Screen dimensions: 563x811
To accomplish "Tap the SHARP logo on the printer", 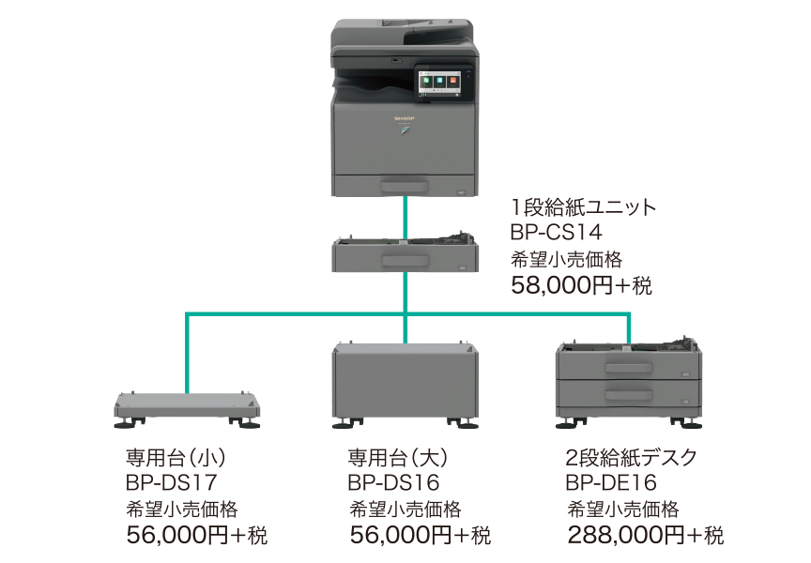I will [404, 121].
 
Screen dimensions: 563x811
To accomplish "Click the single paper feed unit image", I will [404, 255].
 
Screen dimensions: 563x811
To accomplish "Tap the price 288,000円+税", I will [646, 536].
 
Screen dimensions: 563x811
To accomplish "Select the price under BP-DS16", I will [420, 536].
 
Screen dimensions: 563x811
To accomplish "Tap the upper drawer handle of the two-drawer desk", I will [627, 367].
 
